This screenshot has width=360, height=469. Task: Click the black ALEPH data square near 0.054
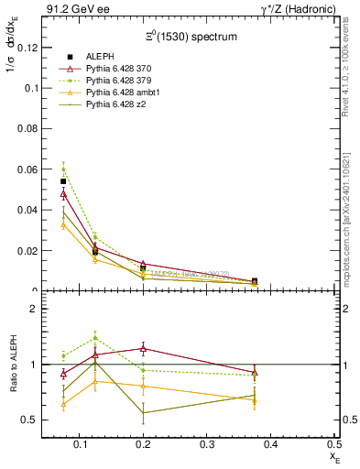[x=63, y=181]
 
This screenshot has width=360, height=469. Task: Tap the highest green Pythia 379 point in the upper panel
[x=63, y=169]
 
